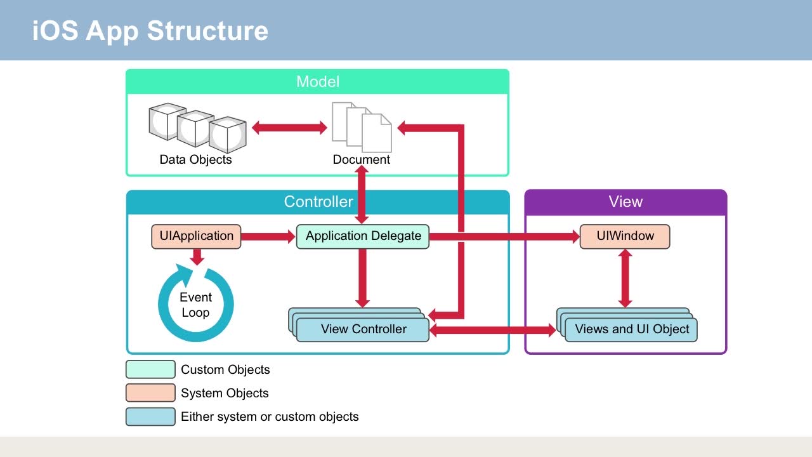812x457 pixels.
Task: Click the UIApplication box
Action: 196,237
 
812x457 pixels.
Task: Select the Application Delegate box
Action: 363,237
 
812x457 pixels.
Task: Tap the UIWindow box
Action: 625,237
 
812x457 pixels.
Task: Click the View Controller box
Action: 363,329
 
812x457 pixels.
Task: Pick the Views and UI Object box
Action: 631,329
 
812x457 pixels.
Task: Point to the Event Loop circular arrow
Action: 195,305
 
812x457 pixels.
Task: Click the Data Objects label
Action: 195,159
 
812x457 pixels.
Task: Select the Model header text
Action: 317,82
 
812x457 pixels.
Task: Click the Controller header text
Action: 318,202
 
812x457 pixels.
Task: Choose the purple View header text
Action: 625,202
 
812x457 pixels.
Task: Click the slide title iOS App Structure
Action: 150,30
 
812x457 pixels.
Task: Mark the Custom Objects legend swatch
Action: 150,369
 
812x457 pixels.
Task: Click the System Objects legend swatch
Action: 150,393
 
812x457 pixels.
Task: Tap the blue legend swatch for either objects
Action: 150,416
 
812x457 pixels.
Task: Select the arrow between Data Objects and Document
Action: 289,128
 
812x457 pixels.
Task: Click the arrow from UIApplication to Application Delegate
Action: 268,237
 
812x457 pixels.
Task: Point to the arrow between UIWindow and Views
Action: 625,278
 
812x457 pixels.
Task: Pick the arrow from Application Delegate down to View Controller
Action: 363,278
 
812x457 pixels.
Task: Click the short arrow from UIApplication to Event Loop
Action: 197,257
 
